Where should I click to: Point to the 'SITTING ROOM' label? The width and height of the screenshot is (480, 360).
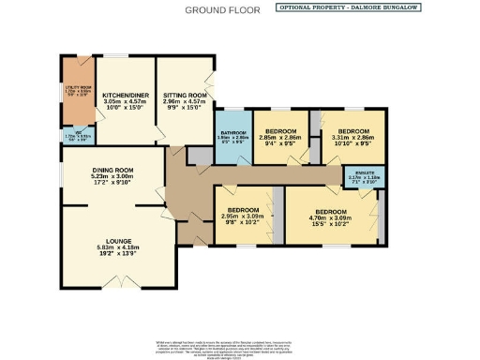click(x=185, y=96)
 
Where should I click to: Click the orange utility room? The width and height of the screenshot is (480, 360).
click(x=77, y=91)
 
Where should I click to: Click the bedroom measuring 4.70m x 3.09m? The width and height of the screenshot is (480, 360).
click(x=329, y=217)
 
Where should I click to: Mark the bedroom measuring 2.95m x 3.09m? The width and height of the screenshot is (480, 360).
click(x=243, y=217)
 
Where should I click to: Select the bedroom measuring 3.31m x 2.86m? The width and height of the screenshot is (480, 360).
click(x=352, y=137)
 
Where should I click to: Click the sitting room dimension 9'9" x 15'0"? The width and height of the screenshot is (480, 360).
click(x=185, y=111)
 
